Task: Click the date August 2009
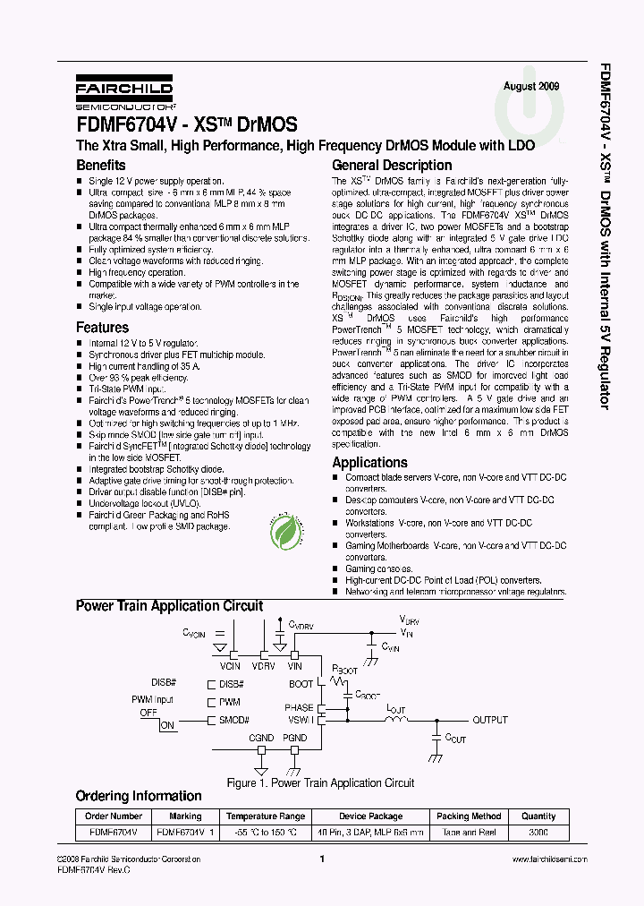pyautogui.click(x=531, y=86)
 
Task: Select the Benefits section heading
pyautogui.click(x=101, y=165)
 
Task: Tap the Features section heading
pyautogui.click(x=102, y=328)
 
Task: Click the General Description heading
pyautogui.click(x=392, y=165)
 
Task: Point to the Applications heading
pyautogui.click(x=369, y=462)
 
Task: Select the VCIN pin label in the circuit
pyautogui.click(x=230, y=666)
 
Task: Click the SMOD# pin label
pyautogui.click(x=234, y=720)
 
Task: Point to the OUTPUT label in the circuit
pyautogui.click(x=490, y=720)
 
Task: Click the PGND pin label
pyautogui.click(x=294, y=738)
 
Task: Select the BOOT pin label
pyautogui.click(x=301, y=684)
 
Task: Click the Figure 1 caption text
pyautogui.click(x=320, y=782)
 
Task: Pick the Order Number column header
pyautogui.click(x=114, y=816)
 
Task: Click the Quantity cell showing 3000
pyautogui.click(x=538, y=832)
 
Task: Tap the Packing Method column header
pyautogui.click(x=469, y=816)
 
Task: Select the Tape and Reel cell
pyautogui.click(x=469, y=832)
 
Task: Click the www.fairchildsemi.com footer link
pyautogui.click(x=549, y=859)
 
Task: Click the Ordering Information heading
pyautogui.click(x=139, y=796)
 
